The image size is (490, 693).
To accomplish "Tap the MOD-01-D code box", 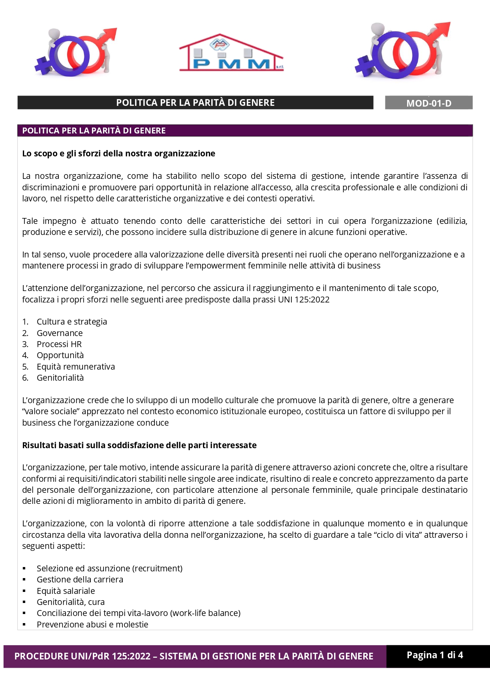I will point(428,103).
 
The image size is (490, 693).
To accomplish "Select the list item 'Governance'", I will point(60,333).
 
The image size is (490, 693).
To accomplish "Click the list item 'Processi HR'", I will point(59,344).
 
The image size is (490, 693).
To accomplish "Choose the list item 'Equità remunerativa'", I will point(76,367).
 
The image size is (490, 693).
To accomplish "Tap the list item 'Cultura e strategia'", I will point(72,322).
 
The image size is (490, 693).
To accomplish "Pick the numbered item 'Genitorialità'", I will point(60,378).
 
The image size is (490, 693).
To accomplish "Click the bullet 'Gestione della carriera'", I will point(80,580).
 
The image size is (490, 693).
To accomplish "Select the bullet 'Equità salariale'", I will point(66,591).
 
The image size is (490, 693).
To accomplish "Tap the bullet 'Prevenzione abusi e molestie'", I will point(92,625).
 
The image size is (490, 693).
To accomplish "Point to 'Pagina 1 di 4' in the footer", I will point(435,655).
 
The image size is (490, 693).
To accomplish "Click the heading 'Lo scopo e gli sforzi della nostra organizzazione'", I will point(118,154).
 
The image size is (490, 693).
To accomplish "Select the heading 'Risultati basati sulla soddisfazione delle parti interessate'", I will point(139,445).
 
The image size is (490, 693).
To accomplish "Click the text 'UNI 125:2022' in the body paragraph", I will point(304,300).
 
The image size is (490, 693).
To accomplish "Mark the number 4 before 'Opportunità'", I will point(25,355).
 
